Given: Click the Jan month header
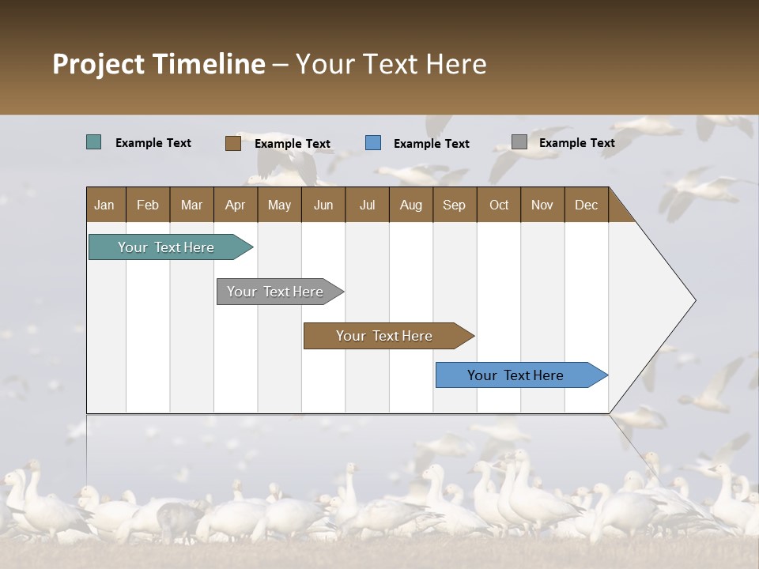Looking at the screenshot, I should point(105,205).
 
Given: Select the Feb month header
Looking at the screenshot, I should point(148,205).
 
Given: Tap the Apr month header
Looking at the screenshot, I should point(235,205).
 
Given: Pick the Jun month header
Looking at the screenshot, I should point(323,205).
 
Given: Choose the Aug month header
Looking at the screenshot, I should point(410,205).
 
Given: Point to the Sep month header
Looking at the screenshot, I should point(454,205).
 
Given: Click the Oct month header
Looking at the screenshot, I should point(499,205).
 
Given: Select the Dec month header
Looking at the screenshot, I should point(586,205).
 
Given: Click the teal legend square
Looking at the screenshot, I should point(94,142).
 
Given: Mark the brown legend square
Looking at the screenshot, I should point(233,143).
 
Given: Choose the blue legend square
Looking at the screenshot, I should point(373,143).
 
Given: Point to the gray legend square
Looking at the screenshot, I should point(519,142).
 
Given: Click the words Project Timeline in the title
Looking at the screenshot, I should point(159,64).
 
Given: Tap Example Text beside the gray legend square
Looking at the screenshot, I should point(576,143).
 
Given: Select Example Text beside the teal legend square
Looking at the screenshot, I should point(153,143).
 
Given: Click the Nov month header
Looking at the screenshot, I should point(542,205).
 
